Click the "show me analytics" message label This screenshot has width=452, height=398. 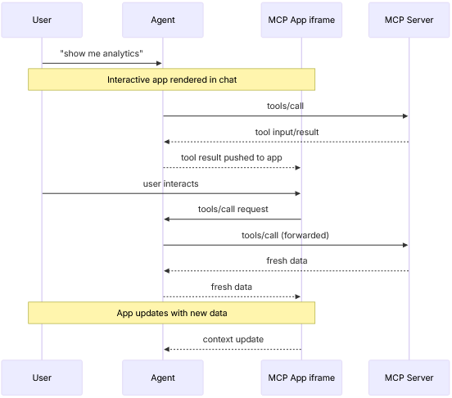pyautogui.click(x=102, y=53)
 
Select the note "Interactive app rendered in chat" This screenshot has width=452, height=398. pyautogui.click(x=172, y=79)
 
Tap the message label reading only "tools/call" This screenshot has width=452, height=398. pyautogui.click(x=286, y=106)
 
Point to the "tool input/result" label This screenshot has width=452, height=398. pyautogui.click(x=286, y=132)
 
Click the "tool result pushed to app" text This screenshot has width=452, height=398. pyautogui.click(x=232, y=157)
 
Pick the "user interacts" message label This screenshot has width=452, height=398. pyautogui.click(x=170, y=183)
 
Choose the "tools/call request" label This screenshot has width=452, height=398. pyautogui.click(x=233, y=209)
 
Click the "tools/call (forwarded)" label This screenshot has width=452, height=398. pyautogui.click(x=286, y=235)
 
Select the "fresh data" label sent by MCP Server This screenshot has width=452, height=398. pyautogui.click(x=286, y=260)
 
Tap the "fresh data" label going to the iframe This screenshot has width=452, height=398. pyautogui.click(x=232, y=287)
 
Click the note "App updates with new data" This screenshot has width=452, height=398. pyautogui.click(x=172, y=313)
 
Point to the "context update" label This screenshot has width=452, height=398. pyautogui.click(x=233, y=339)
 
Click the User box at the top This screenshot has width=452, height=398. pyautogui.click(x=42, y=20)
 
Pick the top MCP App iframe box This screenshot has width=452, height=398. pyautogui.click(x=301, y=20)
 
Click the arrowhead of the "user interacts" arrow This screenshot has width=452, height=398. pyautogui.click(x=298, y=193)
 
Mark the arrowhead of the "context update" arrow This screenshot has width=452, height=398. pyautogui.click(x=166, y=349)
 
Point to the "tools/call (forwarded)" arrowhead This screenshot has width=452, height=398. pyautogui.click(x=405, y=245)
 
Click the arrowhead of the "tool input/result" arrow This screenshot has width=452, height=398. pyautogui.click(x=166, y=142)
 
